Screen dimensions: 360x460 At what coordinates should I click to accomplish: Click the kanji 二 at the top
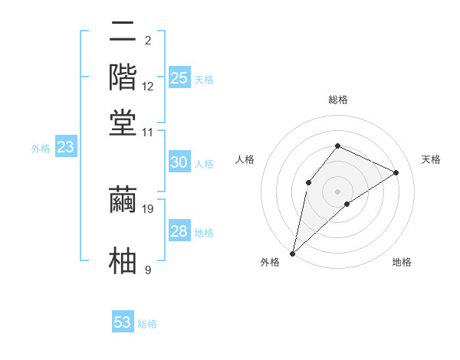pyautogui.click(x=123, y=32)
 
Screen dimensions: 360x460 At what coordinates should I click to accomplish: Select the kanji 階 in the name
pyautogui.click(x=123, y=77)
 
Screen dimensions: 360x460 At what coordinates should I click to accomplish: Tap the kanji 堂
pyautogui.click(x=123, y=122)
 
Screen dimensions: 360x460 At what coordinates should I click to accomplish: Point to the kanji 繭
pyautogui.click(x=123, y=199)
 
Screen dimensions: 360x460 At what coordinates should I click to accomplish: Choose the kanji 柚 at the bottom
pyautogui.click(x=123, y=260)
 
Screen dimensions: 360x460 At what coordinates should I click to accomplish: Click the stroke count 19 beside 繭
pyautogui.click(x=149, y=208)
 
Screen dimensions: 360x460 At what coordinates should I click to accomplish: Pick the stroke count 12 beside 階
pyautogui.click(x=148, y=87)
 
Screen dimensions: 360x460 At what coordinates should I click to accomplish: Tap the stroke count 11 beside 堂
pyautogui.click(x=148, y=132)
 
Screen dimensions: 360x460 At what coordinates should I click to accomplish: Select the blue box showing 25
pyautogui.click(x=179, y=78)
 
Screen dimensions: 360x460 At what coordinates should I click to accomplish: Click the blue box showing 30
pyautogui.click(x=179, y=162)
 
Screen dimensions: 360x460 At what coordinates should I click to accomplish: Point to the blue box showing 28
pyautogui.click(x=179, y=231)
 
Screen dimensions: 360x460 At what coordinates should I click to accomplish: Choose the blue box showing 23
pyautogui.click(x=65, y=147)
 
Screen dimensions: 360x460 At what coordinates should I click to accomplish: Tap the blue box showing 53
pyautogui.click(x=123, y=322)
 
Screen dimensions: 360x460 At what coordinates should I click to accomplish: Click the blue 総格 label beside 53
pyautogui.click(x=147, y=324)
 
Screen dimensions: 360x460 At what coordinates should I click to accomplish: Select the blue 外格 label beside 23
pyautogui.click(x=41, y=149)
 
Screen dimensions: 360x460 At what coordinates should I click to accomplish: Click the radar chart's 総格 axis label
pyautogui.click(x=338, y=100)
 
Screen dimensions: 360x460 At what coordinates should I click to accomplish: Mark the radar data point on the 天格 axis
pyautogui.click(x=396, y=173)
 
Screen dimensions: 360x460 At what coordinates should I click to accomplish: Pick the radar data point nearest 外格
pyautogui.click(x=293, y=253)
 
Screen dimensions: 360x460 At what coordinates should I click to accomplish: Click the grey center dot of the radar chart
pyautogui.click(x=338, y=191)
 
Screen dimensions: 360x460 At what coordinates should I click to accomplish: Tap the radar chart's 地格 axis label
pyautogui.click(x=402, y=263)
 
